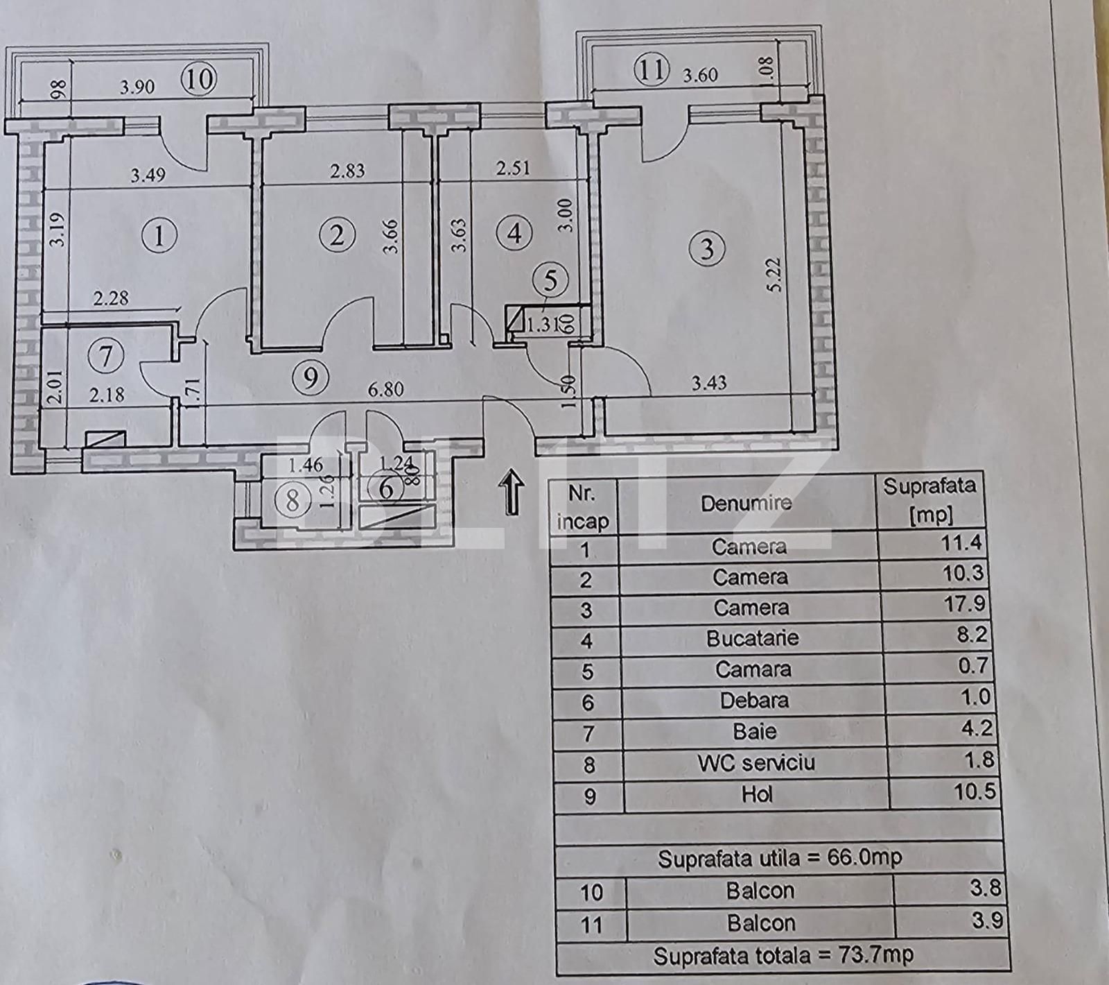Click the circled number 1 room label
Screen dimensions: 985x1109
(x=159, y=237)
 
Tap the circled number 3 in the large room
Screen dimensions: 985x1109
(x=707, y=248)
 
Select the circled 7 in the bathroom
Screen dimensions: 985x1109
(x=105, y=357)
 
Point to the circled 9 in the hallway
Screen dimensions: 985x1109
(x=310, y=377)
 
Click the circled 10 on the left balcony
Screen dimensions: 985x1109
(x=199, y=79)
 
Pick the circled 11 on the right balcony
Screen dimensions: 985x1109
(x=652, y=70)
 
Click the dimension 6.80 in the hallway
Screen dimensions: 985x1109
(x=385, y=390)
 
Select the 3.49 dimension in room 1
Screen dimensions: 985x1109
(x=148, y=174)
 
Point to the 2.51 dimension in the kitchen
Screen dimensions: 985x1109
(x=513, y=169)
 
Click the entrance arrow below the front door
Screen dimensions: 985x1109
(x=512, y=490)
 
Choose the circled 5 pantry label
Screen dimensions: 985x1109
(x=550, y=281)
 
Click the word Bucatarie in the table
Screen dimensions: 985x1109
(x=752, y=638)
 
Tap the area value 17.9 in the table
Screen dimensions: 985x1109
(x=963, y=603)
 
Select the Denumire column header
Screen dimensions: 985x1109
(x=746, y=503)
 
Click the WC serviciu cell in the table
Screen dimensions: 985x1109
(x=756, y=763)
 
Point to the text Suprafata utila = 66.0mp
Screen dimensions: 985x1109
(x=780, y=859)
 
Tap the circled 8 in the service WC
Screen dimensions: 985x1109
(x=292, y=499)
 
